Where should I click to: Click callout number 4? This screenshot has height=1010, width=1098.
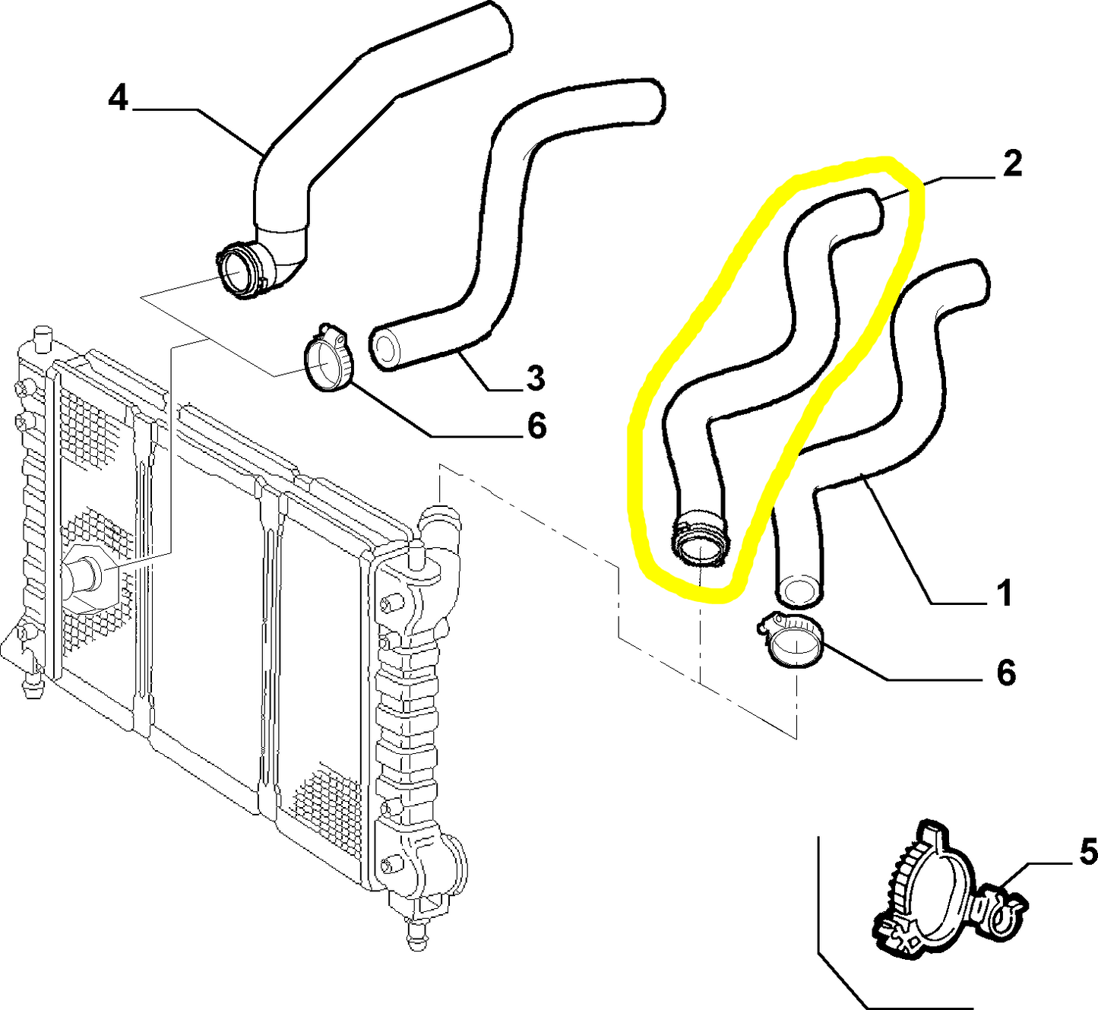click(x=118, y=99)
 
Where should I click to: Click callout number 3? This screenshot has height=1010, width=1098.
click(x=535, y=378)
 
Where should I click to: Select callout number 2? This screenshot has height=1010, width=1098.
click(x=1011, y=164)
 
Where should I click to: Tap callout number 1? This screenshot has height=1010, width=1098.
click(x=1005, y=593)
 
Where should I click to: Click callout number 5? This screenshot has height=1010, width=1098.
click(x=1087, y=852)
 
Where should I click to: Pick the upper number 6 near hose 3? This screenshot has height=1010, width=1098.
click(x=536, y=426)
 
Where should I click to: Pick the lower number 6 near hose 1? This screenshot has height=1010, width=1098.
click(x=1005, y=673)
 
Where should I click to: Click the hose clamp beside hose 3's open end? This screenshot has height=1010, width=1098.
click(x=329, y=360)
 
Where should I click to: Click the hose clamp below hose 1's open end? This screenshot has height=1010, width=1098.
click(x=794, y=643)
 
